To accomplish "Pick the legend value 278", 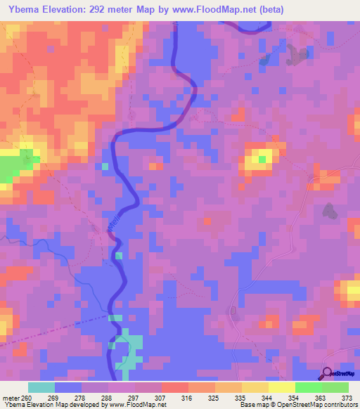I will (x=82, y=398).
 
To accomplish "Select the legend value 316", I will (x=188, y=398).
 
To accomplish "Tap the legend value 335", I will (x=241, y=398).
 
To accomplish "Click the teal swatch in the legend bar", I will (x=41, y=387).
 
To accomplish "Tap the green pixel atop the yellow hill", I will (x=262, y=159).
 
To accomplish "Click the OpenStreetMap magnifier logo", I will (x=327, y=373).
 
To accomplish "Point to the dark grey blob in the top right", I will (x=301, y=55).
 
